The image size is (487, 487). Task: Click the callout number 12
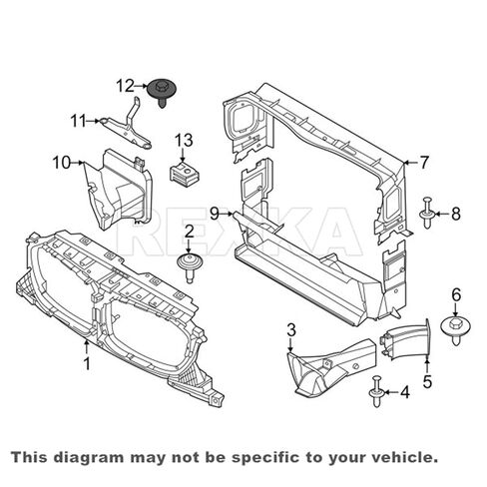coord(125,86)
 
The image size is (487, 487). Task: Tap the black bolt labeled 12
coord(162,92)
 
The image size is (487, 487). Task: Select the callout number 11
coord(79,121)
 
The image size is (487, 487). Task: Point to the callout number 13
coord(184,140)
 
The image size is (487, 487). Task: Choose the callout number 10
coord(62,163)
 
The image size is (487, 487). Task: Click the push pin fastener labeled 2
coord(190,268)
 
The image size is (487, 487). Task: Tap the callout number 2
coord(190,232)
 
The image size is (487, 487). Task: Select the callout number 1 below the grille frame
coord(87,363)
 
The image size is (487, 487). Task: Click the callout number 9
coord(215,214)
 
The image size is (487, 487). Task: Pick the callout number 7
coord(424,163)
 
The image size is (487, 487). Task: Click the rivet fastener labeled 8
coord(427,213)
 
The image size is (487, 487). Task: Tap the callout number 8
coord(456,214)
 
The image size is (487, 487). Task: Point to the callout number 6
coord(456,294)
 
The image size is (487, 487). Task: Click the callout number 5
coord(427,381)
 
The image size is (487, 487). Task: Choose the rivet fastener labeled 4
coord(377,391)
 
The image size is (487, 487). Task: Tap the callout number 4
coord(405,392)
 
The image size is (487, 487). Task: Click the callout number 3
coord(291,330)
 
